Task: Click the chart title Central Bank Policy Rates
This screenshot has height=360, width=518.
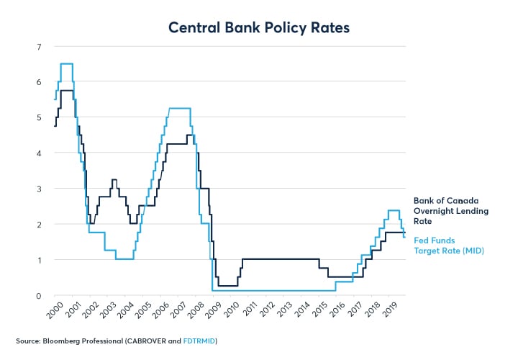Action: point(259,28)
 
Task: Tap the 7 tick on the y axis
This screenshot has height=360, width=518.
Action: point(38,47)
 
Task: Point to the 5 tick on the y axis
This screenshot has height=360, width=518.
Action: point(38,118)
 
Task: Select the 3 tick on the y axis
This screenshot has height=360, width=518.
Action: point(38,189)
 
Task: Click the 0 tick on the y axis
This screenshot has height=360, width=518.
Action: point(38,295)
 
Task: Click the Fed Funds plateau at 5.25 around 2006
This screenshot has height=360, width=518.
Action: point(180,108)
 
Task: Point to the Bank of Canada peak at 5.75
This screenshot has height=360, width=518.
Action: point(66,90)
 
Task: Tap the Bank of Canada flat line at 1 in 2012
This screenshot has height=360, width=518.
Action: point(273,259)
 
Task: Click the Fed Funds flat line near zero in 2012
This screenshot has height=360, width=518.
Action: point(273,291)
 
